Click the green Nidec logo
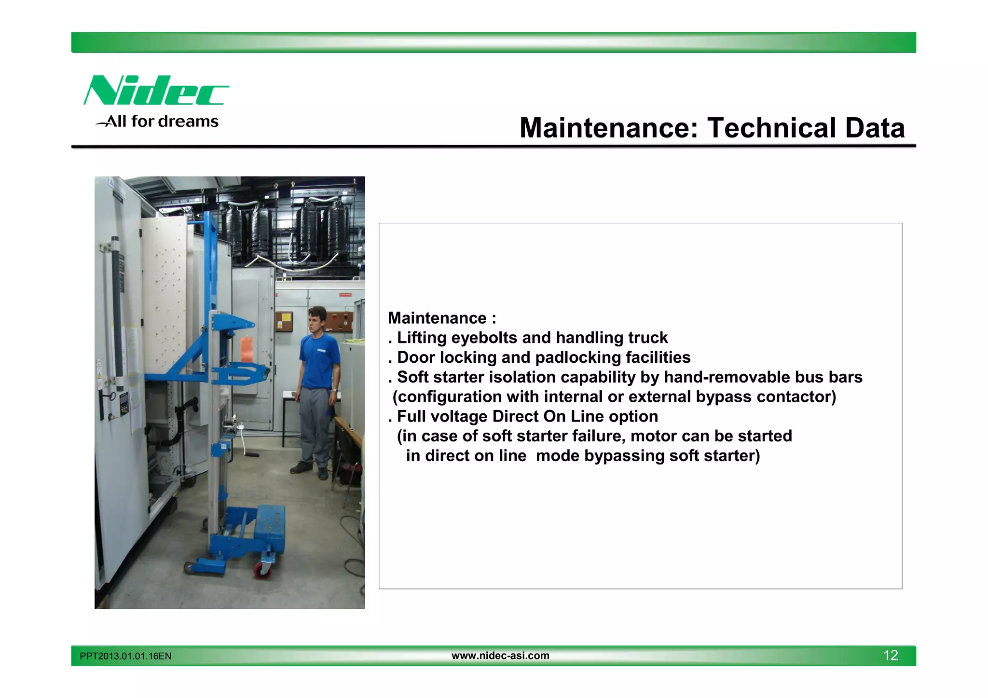point(156,90)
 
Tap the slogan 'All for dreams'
point(162,121)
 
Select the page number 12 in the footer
point(891,655)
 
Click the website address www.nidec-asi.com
point(500,656)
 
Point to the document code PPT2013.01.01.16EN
point(125,656)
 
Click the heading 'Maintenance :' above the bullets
point(442,318)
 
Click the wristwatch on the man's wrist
point(334,390)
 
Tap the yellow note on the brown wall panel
point(286,319)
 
